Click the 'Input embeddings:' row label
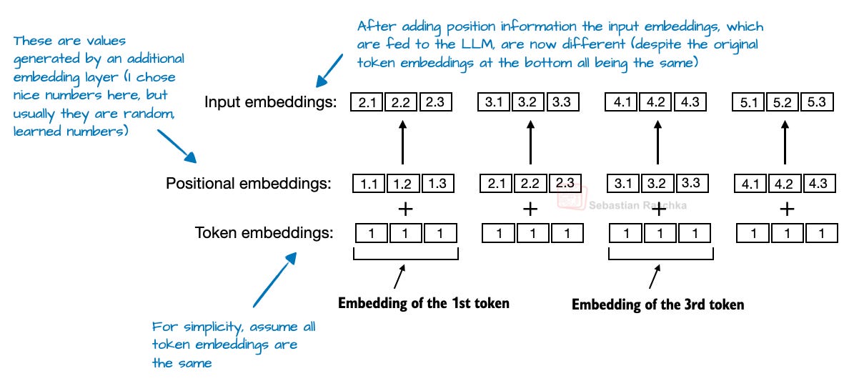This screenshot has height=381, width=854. coord(270,102)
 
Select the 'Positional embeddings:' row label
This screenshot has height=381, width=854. coord(249,183)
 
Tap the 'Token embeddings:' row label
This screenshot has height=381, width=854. coord(264,232)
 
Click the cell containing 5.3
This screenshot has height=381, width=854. coord(817,102)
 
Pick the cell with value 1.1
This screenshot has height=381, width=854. coord(369,183)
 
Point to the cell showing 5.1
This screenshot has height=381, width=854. coord(747,102)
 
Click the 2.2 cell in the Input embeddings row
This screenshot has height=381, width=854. coord(402,102)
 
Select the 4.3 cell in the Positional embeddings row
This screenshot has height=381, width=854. coord(817,183)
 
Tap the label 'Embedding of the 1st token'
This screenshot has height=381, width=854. coord(424,303)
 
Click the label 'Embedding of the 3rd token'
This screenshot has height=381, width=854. coord(658,305)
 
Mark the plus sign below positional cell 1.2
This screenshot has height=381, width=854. coord(404,209)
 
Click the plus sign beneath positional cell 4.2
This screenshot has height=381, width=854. coord(787,209)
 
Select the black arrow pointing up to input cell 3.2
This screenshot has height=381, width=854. coord(530,142)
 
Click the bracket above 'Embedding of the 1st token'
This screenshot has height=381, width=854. coord(406,254)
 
